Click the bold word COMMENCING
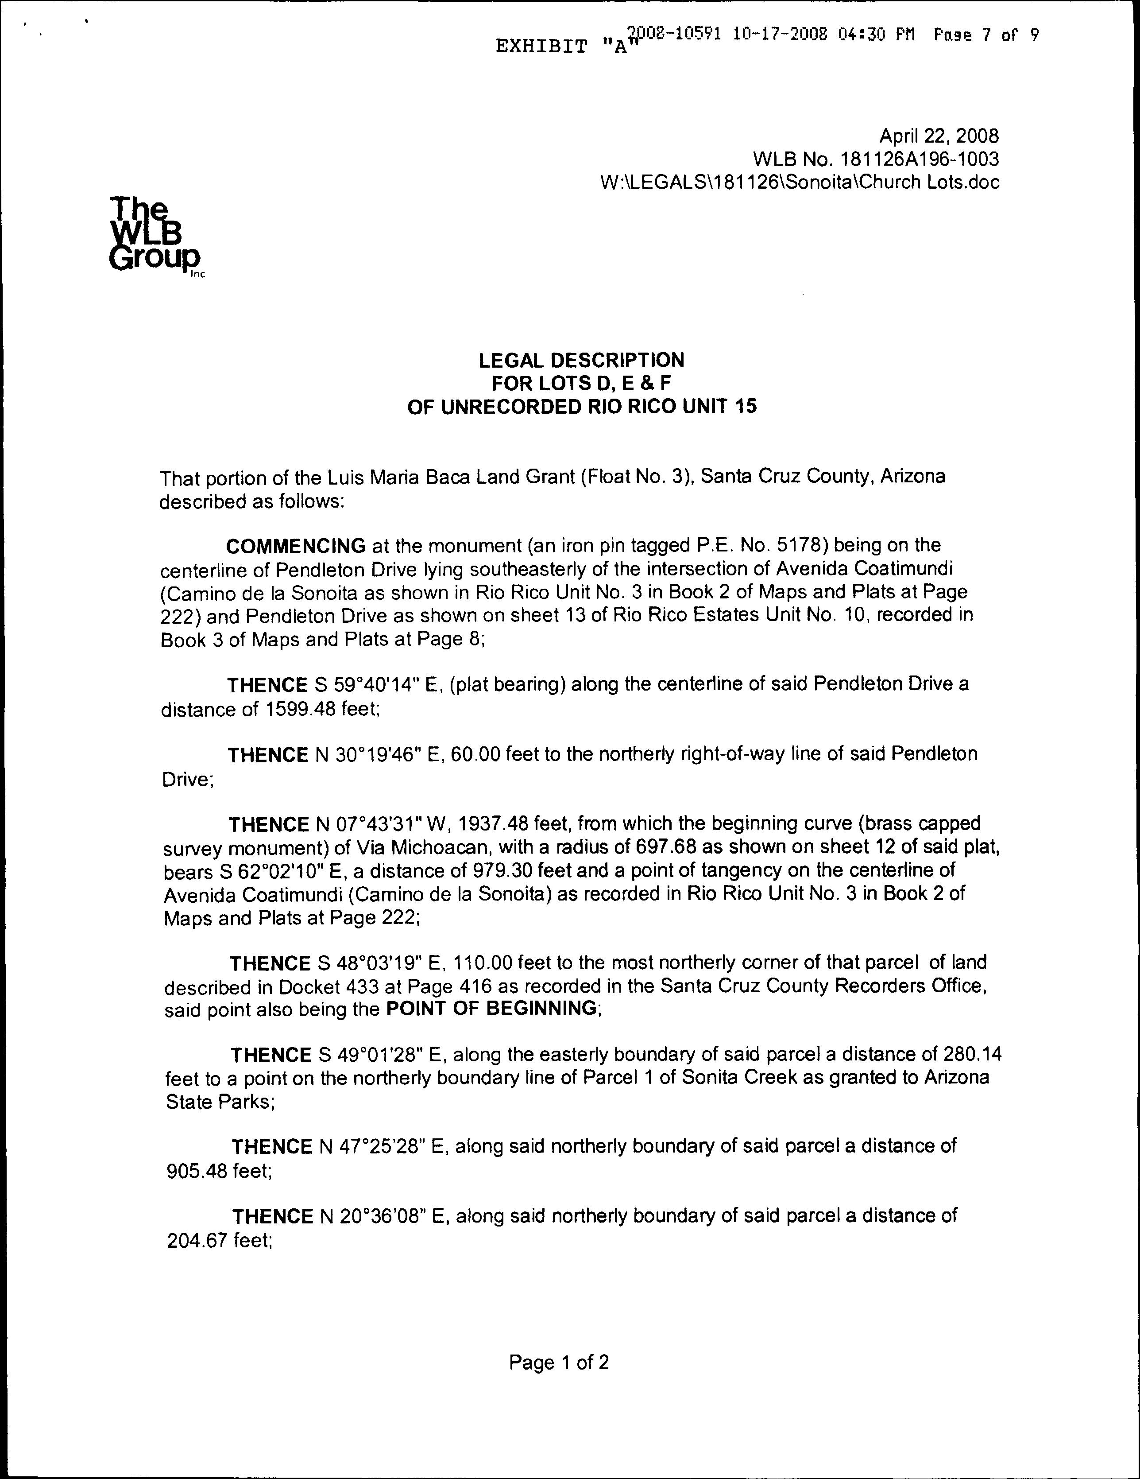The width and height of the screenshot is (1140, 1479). point(296,546)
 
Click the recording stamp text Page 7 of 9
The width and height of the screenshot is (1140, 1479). point(985,35)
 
